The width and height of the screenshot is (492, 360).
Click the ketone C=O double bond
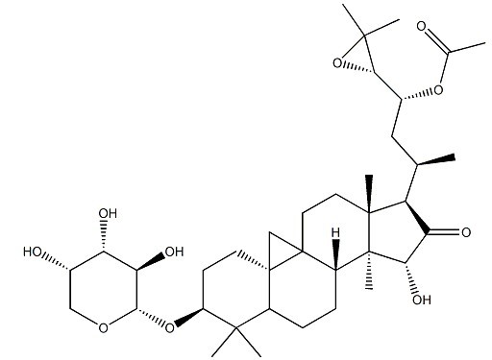[448, 231]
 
